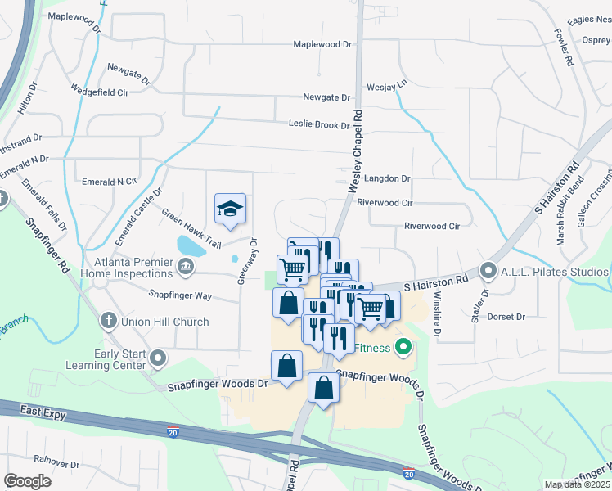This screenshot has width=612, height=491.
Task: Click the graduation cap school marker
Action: pyautogui.click(x=230, y=209)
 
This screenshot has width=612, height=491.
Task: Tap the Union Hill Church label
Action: pyautogui.click(x=165, y=322)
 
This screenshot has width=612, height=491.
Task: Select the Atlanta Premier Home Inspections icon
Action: pyautogui.click(x=186, y=265)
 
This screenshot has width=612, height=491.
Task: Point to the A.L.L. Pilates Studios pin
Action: pyautogui.click(x=489, y=269)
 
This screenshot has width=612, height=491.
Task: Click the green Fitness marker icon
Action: pyautogui.click(x=403, y=348)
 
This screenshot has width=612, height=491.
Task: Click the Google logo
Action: pyautogui.click(x=28, y=481)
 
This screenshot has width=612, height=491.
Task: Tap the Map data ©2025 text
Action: pyautogui.click(x=576, y=484)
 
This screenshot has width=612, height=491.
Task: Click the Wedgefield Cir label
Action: pyautogui.click(x=100, y=92)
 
